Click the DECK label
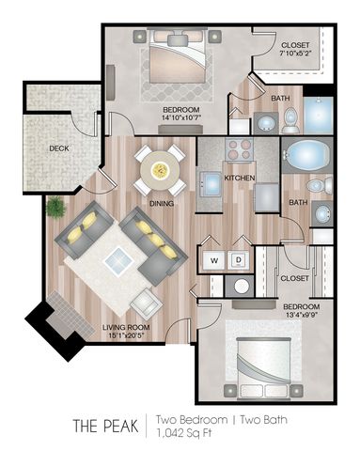coord(59,148)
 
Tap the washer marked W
coord(214,260)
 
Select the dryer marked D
coord(239,260)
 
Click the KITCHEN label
coord(240,178)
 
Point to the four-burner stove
coord(240,149)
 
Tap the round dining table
coord(160,170)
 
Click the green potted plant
coord(55,207)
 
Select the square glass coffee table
coord(118,261)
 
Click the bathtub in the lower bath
coord(306,154)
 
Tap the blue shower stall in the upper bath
coord(319,115)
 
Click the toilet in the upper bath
coord(290,120)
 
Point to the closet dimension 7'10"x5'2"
coord(296,52)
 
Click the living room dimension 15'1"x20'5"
coord(125,335)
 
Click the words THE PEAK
coord(105,426)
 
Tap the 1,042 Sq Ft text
coord(184,433)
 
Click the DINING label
coord(162,204)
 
